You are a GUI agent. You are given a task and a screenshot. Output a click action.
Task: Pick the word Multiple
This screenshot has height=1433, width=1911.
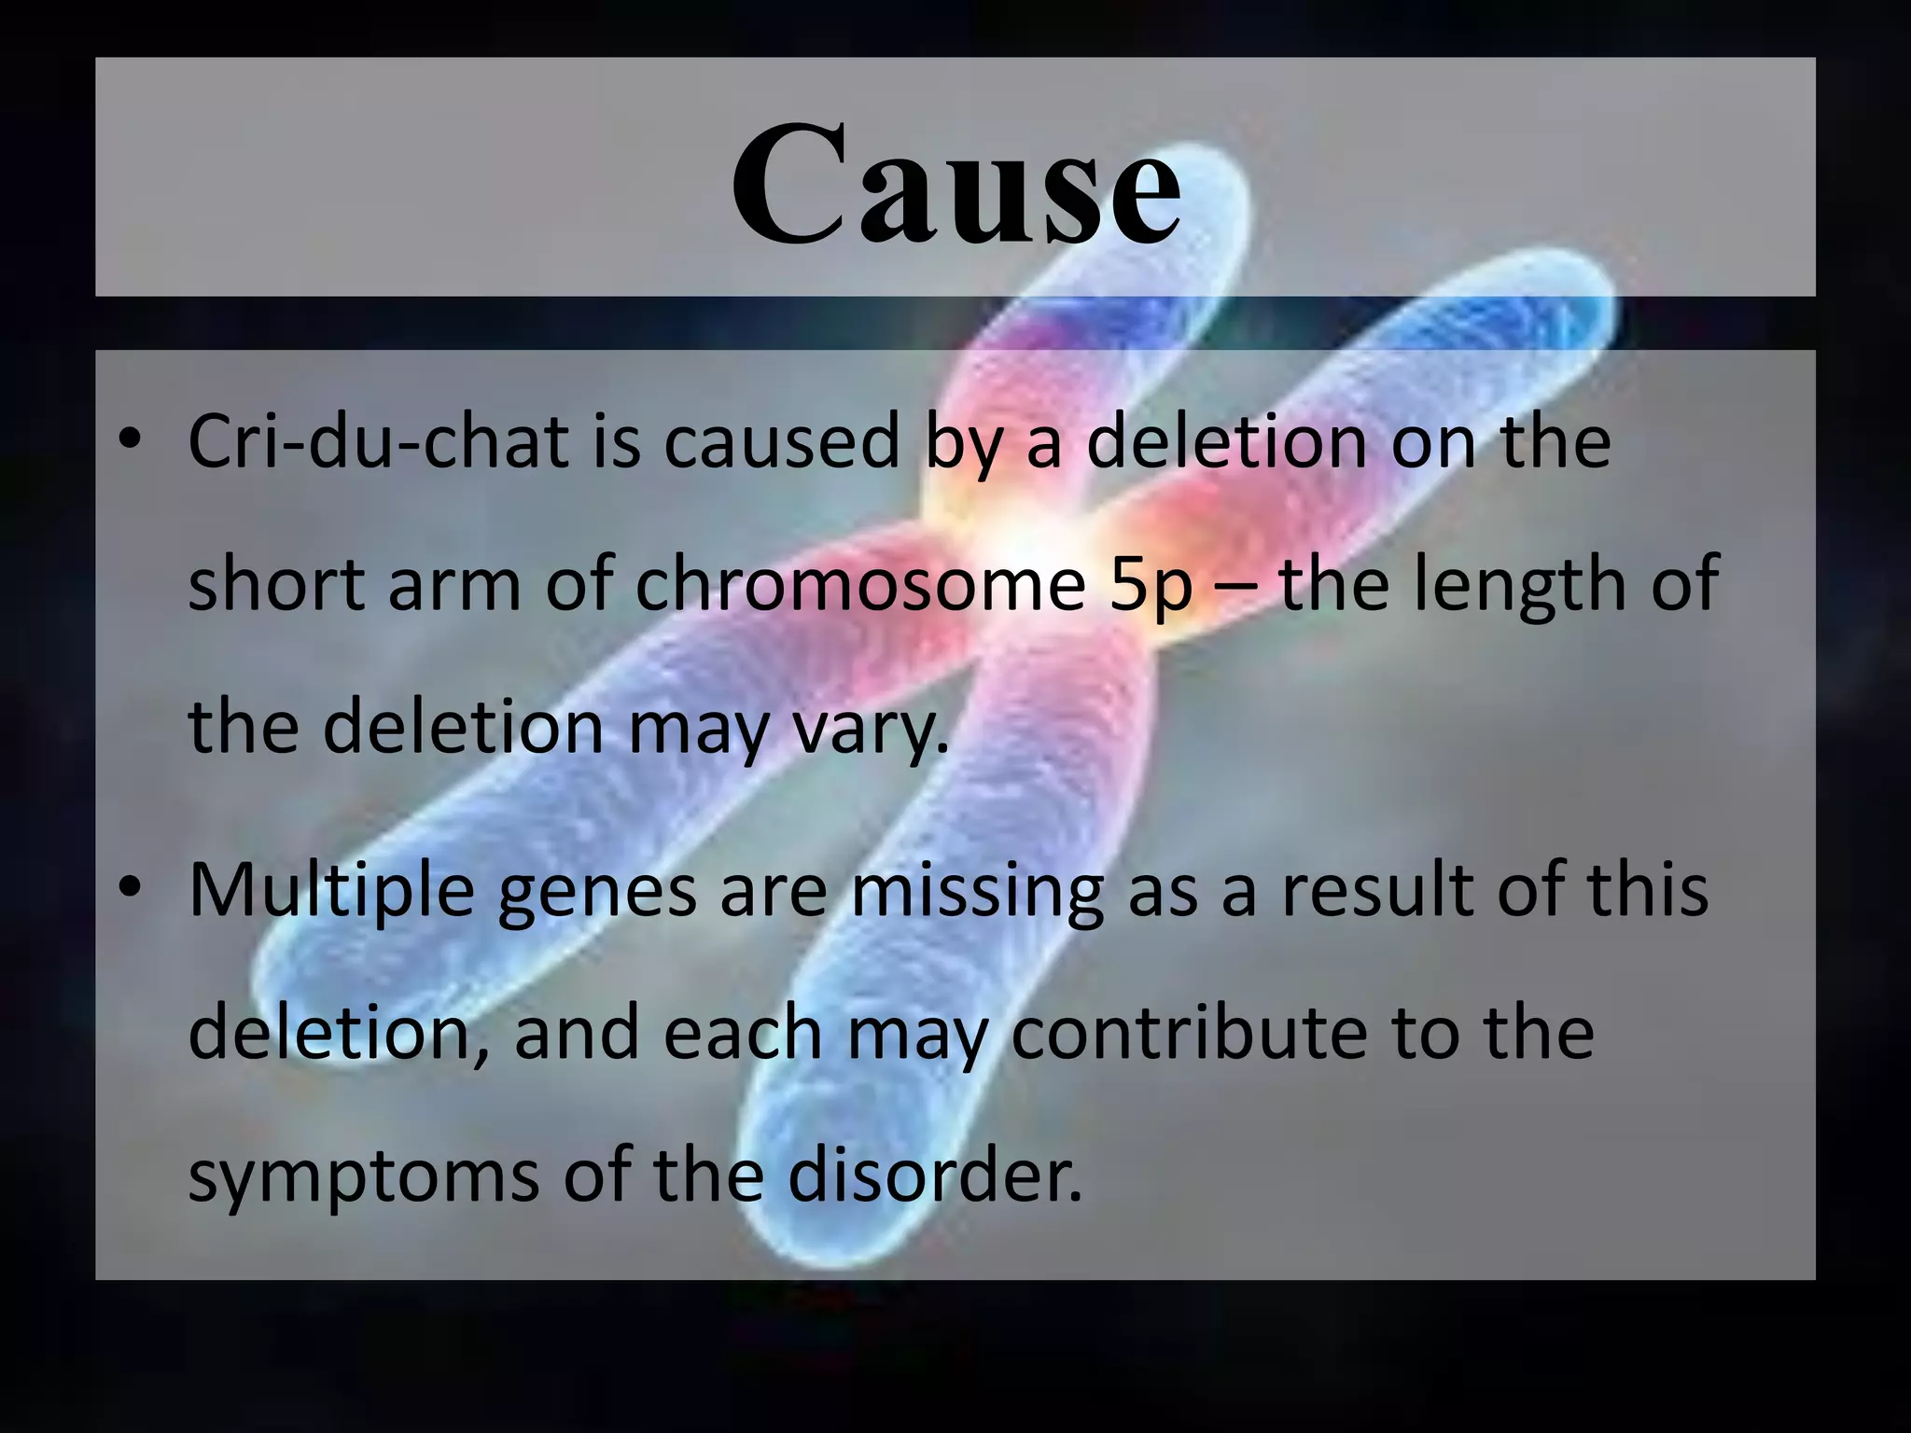click(x=331, y=890)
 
